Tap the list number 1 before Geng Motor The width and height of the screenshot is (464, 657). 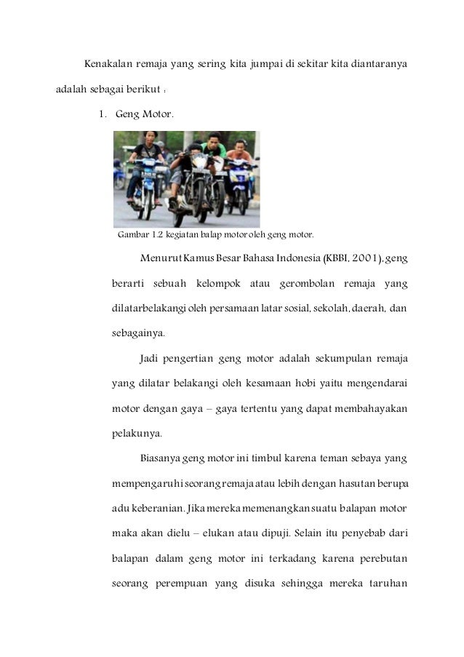coord(103,114)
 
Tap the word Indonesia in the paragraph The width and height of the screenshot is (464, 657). coord(279,259)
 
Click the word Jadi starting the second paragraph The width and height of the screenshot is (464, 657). coord(150,358)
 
